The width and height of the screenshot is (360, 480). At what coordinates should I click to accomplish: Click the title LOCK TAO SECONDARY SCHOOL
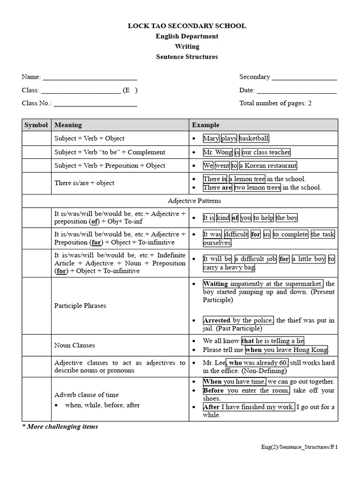pyautogui.click(x=187, y=26)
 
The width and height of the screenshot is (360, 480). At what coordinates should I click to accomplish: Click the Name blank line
pyautogui.click(x=90, y=79)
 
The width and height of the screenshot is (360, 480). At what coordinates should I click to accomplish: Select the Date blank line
pyautogui.click(x=296, y=92)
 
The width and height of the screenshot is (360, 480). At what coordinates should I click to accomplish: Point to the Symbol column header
pyautogui.click(x=36, y=125)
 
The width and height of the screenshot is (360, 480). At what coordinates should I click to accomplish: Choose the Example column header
pyautogui.click(x=205, y=125)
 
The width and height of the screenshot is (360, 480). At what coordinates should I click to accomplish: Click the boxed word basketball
pyautogui.click(x=254, y=138)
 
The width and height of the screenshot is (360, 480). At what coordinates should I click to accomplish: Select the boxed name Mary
pyautogui.click(x=211, y=138)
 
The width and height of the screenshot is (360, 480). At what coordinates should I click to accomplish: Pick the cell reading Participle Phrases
pyautogui.click(x=80, y=306)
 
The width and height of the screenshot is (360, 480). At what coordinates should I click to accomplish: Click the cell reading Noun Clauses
pyautogui.click(x=75, y=345)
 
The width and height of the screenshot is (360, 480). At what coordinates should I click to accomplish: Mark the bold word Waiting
pyautogui.click(x=216, y=284)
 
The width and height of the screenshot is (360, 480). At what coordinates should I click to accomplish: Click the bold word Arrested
pyautogui.click(x=217, y=321)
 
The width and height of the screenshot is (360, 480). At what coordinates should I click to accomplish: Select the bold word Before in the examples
pyautogui.click(x=213, y=390)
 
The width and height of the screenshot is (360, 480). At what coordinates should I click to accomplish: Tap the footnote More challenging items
pyautogui.click(x=60, y=427)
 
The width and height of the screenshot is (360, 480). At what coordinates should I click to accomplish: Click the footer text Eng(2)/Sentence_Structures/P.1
pyautogui.click(x=300, y=447)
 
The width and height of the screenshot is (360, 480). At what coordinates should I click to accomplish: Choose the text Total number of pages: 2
pyautogui.click(x=275, y=103)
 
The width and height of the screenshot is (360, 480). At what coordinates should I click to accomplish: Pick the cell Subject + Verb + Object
pyautogui.click(x=90, y=138)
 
